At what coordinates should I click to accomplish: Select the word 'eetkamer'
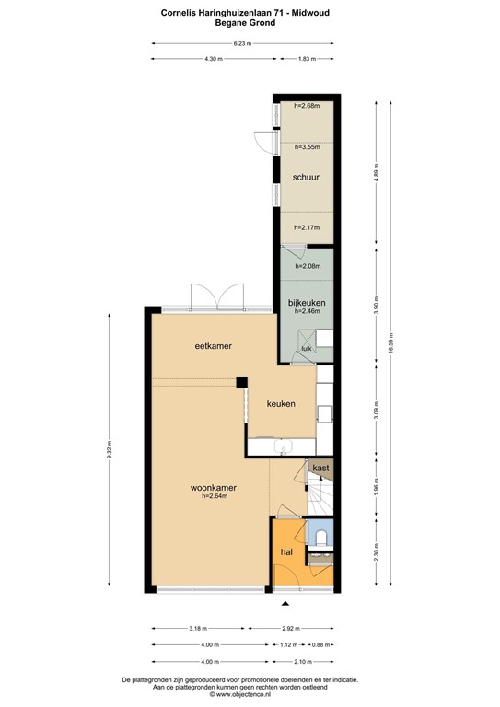pyautogui.click(x=212, y=346)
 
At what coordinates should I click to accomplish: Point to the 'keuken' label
pyautogui.click(x=281, y=404)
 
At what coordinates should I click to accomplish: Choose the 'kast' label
pyautogui.click(x=320, y=469)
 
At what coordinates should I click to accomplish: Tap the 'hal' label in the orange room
pyautogui.click(x=286, y=551)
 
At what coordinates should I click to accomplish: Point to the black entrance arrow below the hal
pyautogui.click(x=285, y=603)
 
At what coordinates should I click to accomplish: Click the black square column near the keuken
pyautogui.click(x=241, y=381)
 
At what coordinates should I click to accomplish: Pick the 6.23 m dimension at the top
pyautogui.click(x=242, y=43)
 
